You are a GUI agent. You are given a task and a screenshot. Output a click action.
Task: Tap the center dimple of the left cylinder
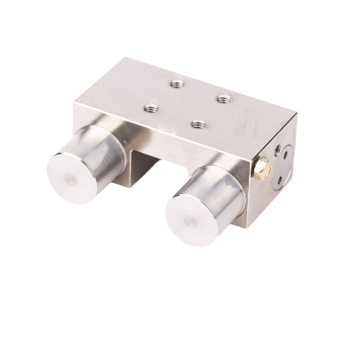71,177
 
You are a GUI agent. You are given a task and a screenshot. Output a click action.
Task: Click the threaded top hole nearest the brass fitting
223,98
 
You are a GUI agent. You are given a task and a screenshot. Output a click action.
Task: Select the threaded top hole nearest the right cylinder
198,124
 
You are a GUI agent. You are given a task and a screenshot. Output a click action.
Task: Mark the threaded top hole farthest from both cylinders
177,84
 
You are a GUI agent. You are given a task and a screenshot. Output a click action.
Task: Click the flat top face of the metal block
190,101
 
